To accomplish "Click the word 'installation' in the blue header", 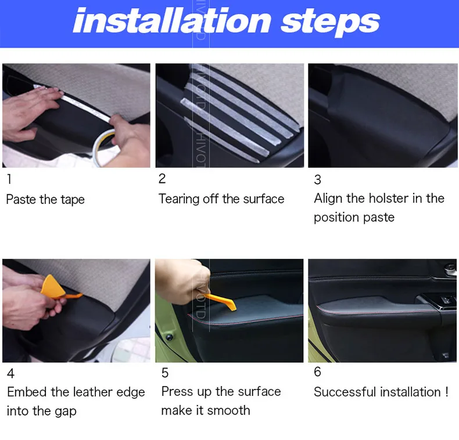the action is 172,20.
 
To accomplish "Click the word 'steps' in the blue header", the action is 330,23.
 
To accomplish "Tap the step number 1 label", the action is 9,179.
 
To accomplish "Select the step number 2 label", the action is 162,179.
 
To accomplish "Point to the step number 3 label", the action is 318,179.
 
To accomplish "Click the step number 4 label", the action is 10,374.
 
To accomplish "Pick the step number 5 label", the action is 165,373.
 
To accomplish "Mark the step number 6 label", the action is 318,372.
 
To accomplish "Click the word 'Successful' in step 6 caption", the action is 345,392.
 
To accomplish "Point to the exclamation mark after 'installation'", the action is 447,392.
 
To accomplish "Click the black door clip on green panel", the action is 170,337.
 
